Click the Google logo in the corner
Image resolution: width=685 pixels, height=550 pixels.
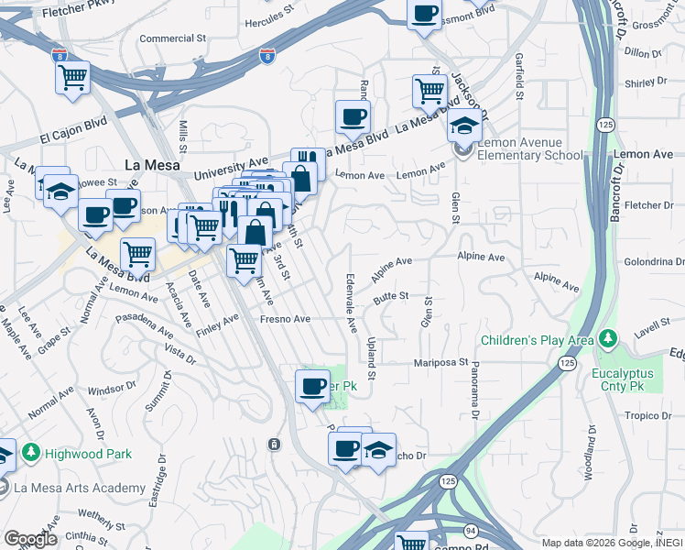[x=29, y=539]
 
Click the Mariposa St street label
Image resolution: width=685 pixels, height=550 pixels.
[x=444, y=362]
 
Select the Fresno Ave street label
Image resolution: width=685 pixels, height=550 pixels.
[x=285, y=319]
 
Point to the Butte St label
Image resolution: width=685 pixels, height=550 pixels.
[x=390, y=296]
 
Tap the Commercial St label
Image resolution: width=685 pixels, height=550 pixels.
[x=172, y=39]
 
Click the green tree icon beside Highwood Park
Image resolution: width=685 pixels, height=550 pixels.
[x=31, y=453]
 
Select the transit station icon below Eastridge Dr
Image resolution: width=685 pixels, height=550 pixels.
[x=274, y=445]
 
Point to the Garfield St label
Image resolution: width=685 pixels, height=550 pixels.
[x=519, y=75]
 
